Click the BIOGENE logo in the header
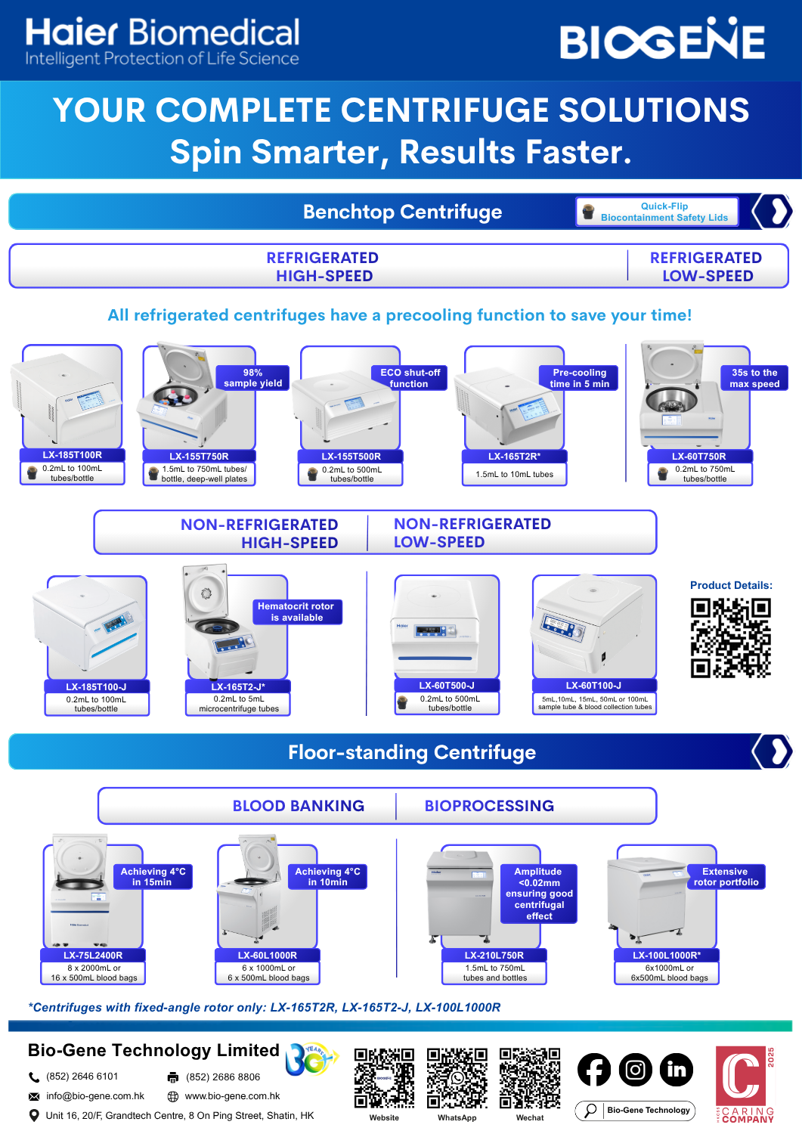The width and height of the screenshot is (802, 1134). [x=662, y=40]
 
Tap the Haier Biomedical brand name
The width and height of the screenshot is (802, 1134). [x=163, y=33]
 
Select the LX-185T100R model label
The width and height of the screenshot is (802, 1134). [x=73, y=455]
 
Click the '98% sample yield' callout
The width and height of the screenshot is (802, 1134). [x=252, y=378]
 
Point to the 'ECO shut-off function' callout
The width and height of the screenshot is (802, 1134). [x=410, y=378]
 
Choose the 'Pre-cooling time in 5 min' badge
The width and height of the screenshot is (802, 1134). [x=580, y=378]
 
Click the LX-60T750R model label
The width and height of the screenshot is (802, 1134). [x=699, y=457]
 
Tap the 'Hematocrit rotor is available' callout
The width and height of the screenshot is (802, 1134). [x=296, y=612]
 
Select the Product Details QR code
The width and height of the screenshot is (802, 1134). [x=730, y=637]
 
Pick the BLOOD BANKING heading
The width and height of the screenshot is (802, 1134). [x=299, y=806]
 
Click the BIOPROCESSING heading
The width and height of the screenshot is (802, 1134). [x=489, y=806]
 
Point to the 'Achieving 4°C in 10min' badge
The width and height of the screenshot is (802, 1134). [x=327, y=877]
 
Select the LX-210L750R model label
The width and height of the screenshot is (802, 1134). [x=494, y=956]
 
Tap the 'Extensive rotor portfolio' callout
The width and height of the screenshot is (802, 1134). [x=726, y=877]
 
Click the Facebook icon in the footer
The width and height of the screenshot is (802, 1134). [x=594, y=1069]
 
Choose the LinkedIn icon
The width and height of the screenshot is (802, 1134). [x=677, y=1069]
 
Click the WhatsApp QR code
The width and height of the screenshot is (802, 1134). [x=457, y=1077]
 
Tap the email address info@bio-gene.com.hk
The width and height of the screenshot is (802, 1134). [x=95, y=1096]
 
